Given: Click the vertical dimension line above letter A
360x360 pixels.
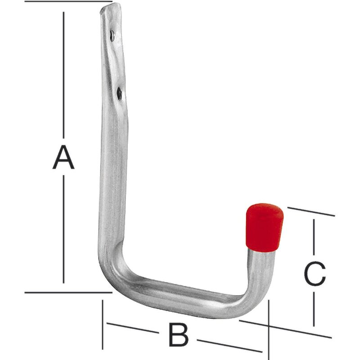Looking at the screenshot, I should (x=63, y=72).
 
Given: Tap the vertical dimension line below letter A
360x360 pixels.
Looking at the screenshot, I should (x=63, y=229).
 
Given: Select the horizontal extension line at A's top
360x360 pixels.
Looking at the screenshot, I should (x=67, y=1).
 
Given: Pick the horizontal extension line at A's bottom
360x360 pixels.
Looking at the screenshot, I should (x=67, y=292).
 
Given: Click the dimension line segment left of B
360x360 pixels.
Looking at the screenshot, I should (x=133, y=328).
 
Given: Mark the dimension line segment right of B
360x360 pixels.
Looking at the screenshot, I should (x=229, y=346).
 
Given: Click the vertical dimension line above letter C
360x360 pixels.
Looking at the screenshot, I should (x=314, y=238).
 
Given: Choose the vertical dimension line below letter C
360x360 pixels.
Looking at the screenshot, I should (x=314, y=306).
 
